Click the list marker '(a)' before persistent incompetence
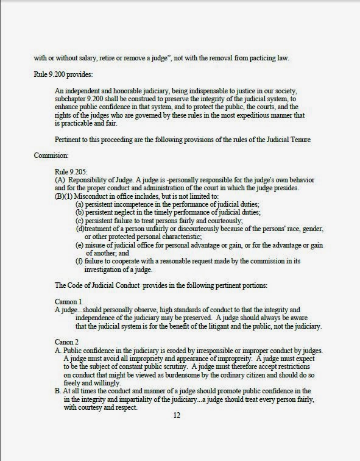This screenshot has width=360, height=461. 79,202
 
